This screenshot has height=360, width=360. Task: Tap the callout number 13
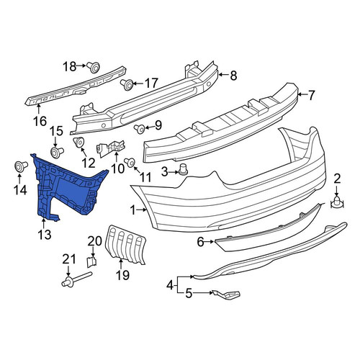click(x=45, y=234)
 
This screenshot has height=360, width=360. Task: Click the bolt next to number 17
click(x=127, y=84)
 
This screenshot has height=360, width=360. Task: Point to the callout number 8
click(x=233, y=76)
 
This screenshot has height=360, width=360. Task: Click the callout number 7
click(x=311, y=95)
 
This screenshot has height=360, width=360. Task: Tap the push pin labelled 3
click(x=183, y=169)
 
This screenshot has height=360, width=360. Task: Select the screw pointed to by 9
click(x=139, y=130)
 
